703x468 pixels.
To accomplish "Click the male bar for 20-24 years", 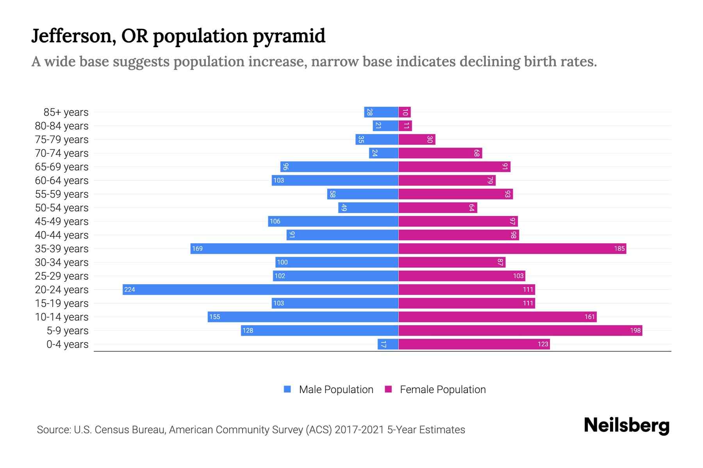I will pyautogui.click(x=261, y=289).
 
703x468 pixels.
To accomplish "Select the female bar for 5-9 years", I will pyautogui.click(x=520, y=330).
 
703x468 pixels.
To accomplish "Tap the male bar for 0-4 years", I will pyautogui.click(x=388, y=344).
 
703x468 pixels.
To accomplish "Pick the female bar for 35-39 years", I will pyautogui.click(x=512, y=248).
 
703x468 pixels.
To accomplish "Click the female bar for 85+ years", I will pyautogui.click(x=405, y=112).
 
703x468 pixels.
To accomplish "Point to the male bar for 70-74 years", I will pyautogui.click(x=384, y=153).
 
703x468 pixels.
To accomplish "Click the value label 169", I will pyautogui.click(x=197, y=248).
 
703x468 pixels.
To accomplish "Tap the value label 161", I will pyautogui.click(x=589, y=317).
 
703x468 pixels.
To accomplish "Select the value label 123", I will pyautogui.click(x=543, y=344).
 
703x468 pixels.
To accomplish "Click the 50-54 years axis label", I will pyautogui.click(x=62, y=208).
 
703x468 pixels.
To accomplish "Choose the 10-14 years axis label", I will pyautogui.click(x=62, y=317).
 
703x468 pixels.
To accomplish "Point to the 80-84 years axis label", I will pyautogui.click(x=62, y=126).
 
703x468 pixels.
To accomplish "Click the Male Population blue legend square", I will pyautogui.click(x=287, y=389).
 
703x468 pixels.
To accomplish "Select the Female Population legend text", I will pyautogui.click(x=442, y=389).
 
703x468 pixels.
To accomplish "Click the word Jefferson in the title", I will pyautogui.click(x=73, y=36).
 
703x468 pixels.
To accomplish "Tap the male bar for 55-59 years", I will pyautogui.click(x=362, y=194).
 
